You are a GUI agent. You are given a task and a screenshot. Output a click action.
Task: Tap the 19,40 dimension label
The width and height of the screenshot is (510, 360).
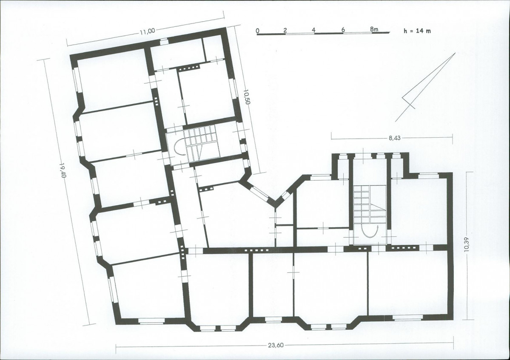(63, 170)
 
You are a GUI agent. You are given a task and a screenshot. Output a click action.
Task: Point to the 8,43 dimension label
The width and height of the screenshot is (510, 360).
(395, 138)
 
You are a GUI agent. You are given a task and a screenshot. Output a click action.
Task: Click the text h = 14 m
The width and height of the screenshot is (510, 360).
(417, 31)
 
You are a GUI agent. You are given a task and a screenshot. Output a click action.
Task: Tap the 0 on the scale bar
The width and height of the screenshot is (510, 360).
(258, 31)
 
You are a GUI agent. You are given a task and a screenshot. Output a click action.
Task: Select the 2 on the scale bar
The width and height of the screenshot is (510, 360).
(285, 30)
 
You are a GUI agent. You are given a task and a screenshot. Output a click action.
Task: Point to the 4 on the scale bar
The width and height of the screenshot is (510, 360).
(313, 30)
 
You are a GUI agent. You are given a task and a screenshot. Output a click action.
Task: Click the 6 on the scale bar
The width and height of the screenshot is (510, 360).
(343, 30)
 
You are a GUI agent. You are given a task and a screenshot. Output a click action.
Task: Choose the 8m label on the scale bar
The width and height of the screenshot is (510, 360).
(374, 29)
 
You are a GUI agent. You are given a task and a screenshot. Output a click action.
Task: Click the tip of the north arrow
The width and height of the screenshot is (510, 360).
(455, 53)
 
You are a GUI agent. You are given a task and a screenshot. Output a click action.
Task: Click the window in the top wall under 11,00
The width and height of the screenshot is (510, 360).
(164, 42)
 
